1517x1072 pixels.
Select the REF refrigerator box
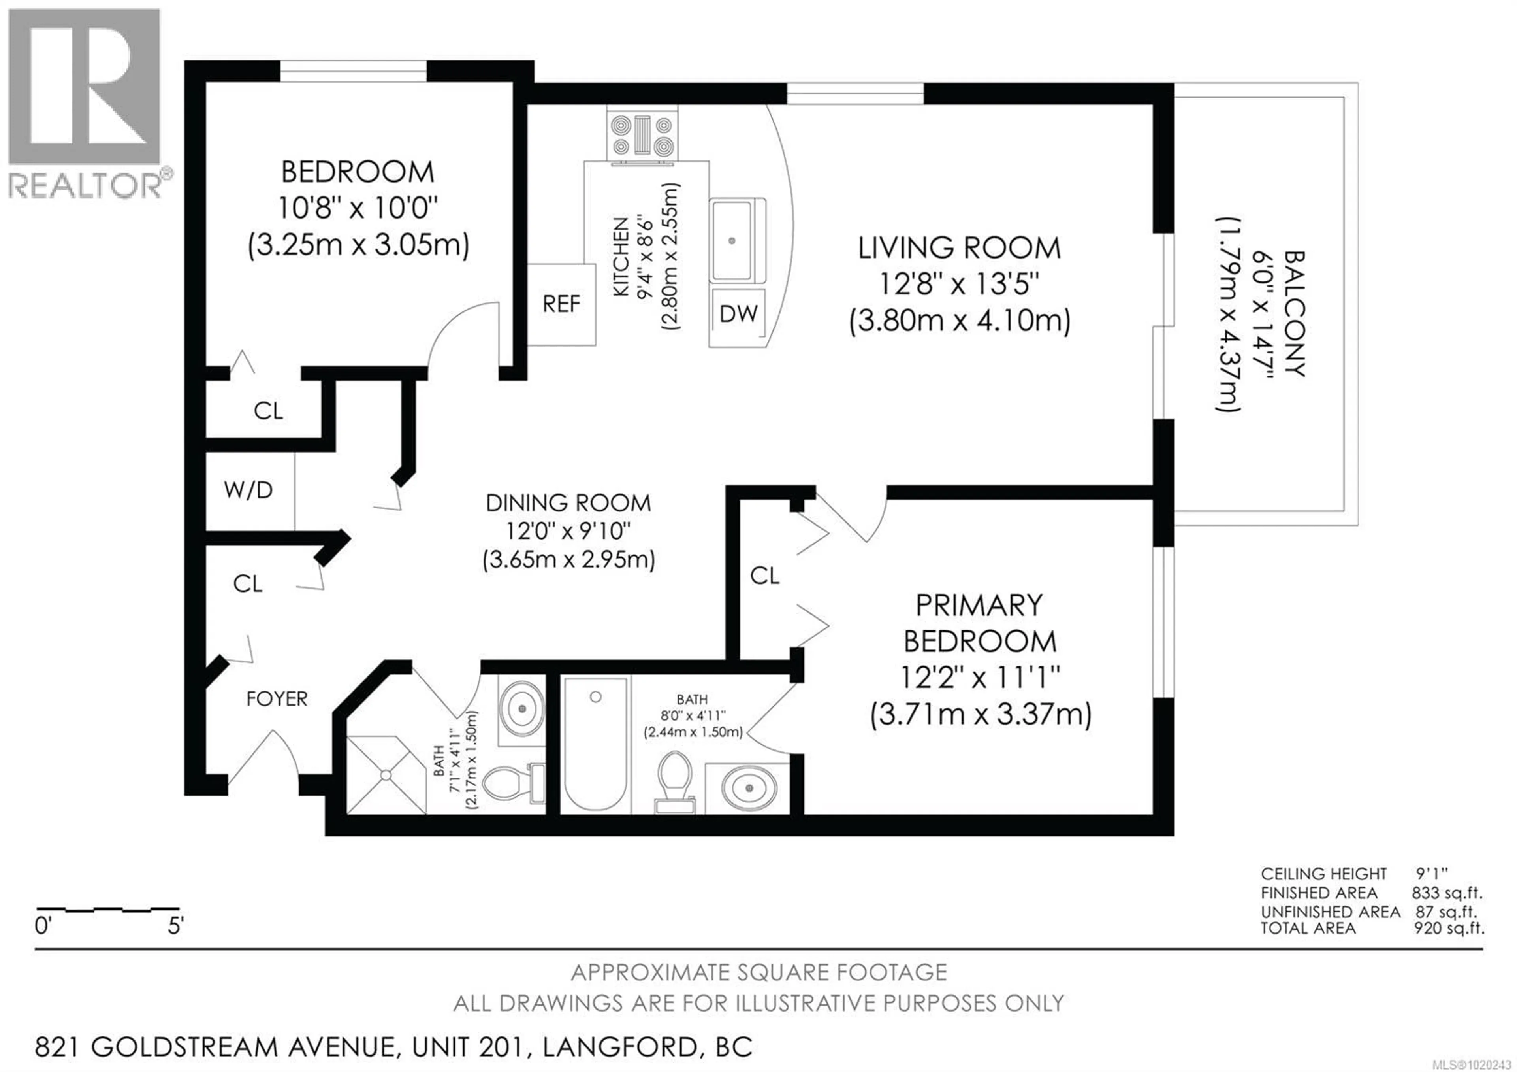tap(561, 304)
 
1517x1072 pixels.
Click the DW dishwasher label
tap(738, 313)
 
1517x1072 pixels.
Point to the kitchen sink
tap(732, 241)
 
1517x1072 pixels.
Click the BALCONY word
tap(1294, 313)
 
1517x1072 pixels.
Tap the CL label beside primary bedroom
tap(764, 576)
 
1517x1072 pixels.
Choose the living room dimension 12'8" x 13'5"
tap(959, 285)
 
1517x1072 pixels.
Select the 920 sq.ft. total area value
tap(1448, 928)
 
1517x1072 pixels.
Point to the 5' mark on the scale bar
tap(175, 926)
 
